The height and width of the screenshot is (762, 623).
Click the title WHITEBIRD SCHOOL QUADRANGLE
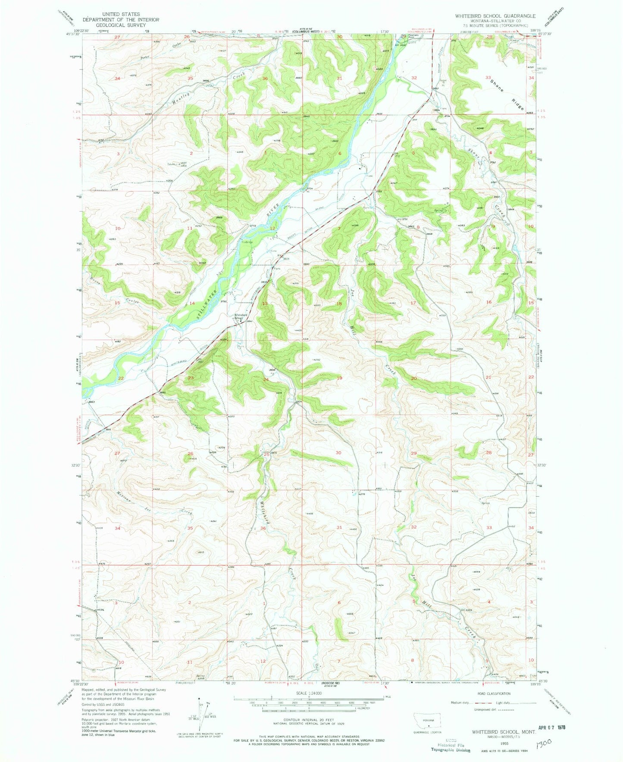click(x=495, y=16)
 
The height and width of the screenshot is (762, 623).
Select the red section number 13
click(x=265, y=303)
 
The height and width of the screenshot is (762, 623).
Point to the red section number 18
click(x=338, y=304)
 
